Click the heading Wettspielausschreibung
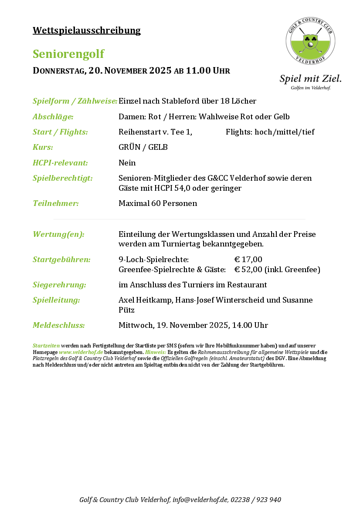[x=86, y=30]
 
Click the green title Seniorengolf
[x=68, y=54]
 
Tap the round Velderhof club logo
[x=311, y=42]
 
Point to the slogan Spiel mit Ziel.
[x=310, y=79]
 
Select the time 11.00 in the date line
[x=198, y=71]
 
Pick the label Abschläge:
[x=53, y=117]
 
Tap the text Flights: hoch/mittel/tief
[x=270, y=132]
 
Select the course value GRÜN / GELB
[x=143, y=147]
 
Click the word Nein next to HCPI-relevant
[x=127, y=163]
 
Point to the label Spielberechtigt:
[x=63, y=178]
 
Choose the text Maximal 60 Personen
[x=158, y=203]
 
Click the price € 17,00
[x=248, y=260]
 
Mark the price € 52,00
[x=248, y=270]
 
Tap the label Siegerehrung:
[x=59, y=285]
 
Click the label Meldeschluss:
[x=58, y=325]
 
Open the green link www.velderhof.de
[x=81, y=352]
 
